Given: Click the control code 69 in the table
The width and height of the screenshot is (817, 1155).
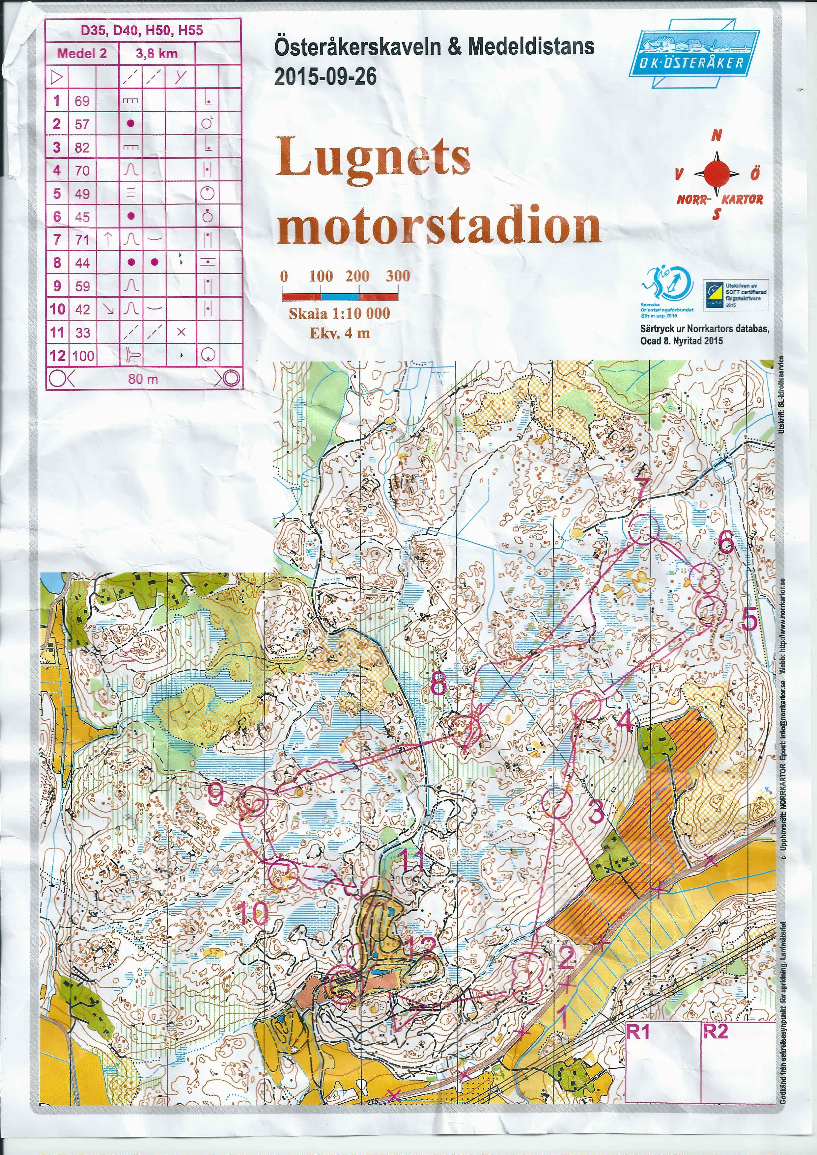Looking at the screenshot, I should [82, 101].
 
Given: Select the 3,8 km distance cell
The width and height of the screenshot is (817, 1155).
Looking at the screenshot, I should [156, 54].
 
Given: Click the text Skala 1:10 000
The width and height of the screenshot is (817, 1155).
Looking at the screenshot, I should [339, 313].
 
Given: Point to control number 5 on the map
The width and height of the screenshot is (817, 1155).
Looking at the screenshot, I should [749, 620].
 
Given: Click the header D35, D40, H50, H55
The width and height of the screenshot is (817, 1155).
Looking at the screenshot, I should [142, 31].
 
